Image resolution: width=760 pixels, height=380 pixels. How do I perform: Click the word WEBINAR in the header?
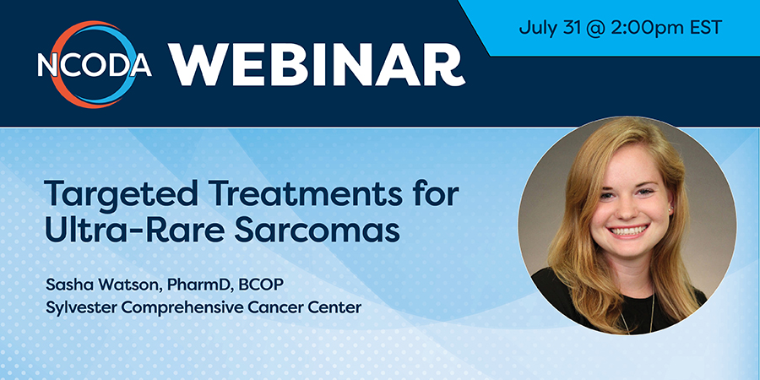pos(317,64)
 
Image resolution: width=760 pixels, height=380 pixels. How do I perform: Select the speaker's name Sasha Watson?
pos(103,285)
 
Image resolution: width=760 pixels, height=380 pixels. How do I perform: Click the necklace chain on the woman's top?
pos(650,315)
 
